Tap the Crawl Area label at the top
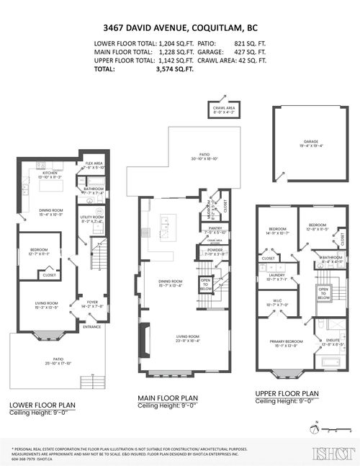222,109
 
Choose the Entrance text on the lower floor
92,326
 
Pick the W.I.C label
278,303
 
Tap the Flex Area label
94,164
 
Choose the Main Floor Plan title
168,397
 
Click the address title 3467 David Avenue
180,30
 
